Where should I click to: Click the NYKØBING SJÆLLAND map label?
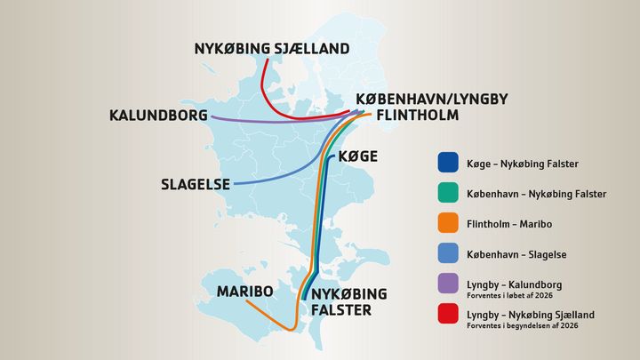[x=272, y=49]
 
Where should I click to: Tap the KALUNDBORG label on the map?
[x=157, y=116]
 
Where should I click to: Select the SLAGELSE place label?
[x=195, y=185]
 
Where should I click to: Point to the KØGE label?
[x=357, y=157]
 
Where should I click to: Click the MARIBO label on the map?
[x=245, y=292]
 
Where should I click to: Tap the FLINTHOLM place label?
[x=418, y=115]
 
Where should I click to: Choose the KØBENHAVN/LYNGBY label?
[x=431, y=99]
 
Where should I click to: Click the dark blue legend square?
[x=448, y=164]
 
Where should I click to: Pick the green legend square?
[x=448, y=194]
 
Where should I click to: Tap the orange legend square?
[x=448, y=224]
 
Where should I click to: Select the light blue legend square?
[x=448, y=254]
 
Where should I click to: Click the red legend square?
[x=448, y=315]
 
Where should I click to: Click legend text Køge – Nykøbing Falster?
[x=523, y=164]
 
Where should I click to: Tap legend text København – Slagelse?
[x=516, y=254]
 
